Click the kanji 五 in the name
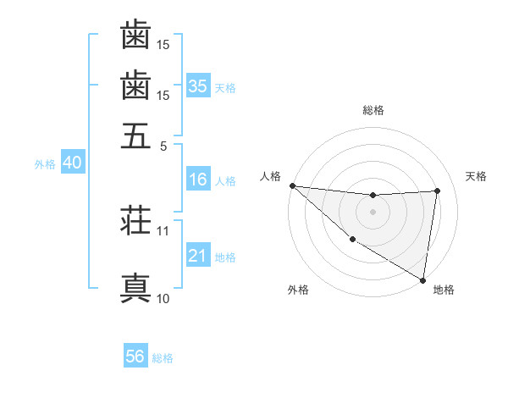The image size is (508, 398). (x=135, y=135)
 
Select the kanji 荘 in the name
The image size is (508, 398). (x=135, y=223)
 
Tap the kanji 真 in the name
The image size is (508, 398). (x=135, y=289)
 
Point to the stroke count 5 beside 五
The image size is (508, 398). (x=163, y=145)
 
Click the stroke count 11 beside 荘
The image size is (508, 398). (x=163, y=230)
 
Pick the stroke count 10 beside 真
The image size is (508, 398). (x=163, y=298)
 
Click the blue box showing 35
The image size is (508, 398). (x=198, y=86)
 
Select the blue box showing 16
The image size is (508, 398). (x=198, y=180)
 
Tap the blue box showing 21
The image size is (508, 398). (x=198, y=256)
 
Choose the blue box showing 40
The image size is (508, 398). (x=72, y=163)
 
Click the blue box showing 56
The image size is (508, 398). (x=135, y=357)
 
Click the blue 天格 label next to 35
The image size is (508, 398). (x=225, y=87)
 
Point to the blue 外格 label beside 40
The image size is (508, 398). (x=45, y=164)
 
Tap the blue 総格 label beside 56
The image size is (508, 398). (x=163, y=358)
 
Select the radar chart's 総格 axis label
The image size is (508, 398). (x=373, y=110)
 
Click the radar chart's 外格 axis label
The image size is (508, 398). (x=298, y=290)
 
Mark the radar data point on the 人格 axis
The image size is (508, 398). (x=292, y=185)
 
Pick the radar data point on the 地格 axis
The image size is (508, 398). (x=422, y=279)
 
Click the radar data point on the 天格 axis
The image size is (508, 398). (x=437, y=191)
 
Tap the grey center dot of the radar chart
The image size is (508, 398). (x=373, y=212)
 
